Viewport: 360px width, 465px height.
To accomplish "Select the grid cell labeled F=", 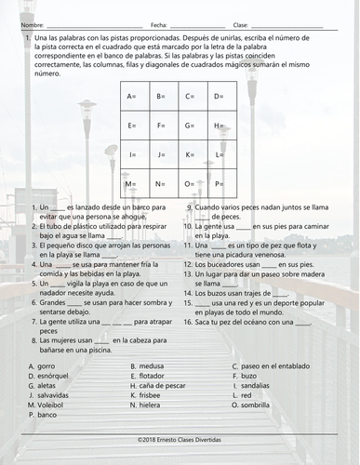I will pyautogui.click(x=162, y=126).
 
